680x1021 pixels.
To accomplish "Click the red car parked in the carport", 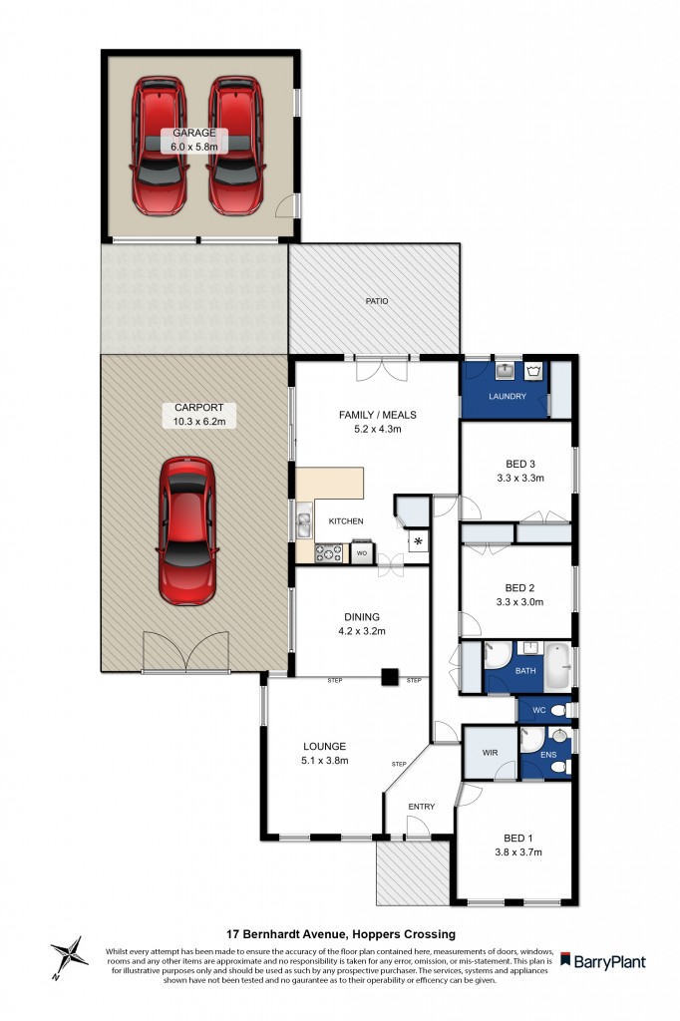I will pos(186,530).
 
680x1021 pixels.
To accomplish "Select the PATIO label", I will pos(376,300).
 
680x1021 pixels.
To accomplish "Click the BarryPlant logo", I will pos(602,962).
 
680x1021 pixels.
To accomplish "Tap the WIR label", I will pos(490,753).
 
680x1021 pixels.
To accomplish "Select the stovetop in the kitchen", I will pos(329,551).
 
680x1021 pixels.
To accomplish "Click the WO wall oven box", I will pos(361,551).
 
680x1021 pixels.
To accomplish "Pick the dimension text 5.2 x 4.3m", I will pos(378,431).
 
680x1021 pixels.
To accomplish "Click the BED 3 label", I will pos(520,462).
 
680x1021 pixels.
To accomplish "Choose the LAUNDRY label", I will pos(507,397).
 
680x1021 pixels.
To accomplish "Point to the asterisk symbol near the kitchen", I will pos(419,541).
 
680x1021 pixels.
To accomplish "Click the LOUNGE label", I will pos(325,746).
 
